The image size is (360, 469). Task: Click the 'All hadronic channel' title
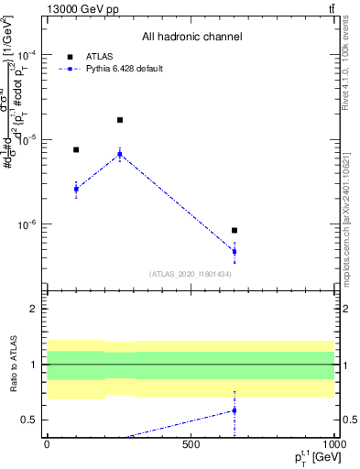pos(190,38)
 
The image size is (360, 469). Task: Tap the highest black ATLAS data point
pos(120,120)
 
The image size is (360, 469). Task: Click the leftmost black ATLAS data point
pos(76,149)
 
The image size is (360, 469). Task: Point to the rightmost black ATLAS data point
pos(235,231)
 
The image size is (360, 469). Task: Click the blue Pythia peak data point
pos(120,154)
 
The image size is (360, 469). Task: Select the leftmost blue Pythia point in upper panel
pos(76,189)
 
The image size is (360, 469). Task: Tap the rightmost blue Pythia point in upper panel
pos(235,251)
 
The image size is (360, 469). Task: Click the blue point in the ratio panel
pos(235,410)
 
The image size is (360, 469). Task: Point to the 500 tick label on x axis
pos(191,443)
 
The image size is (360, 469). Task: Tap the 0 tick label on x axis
pos(47,443)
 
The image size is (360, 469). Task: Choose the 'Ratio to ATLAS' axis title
pos(14,365)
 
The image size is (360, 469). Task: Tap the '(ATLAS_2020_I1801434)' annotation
pos(190,274)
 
